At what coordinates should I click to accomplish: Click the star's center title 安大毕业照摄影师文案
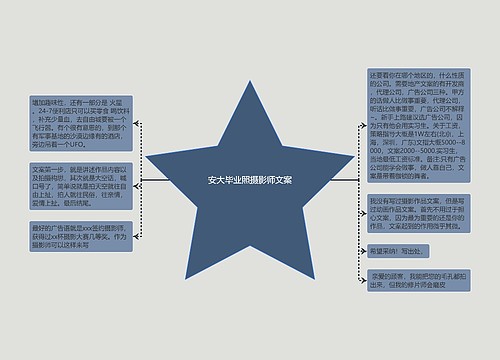click(249, 181)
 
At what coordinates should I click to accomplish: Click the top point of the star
click(249, 82)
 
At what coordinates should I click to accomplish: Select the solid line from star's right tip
click(344, 181)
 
